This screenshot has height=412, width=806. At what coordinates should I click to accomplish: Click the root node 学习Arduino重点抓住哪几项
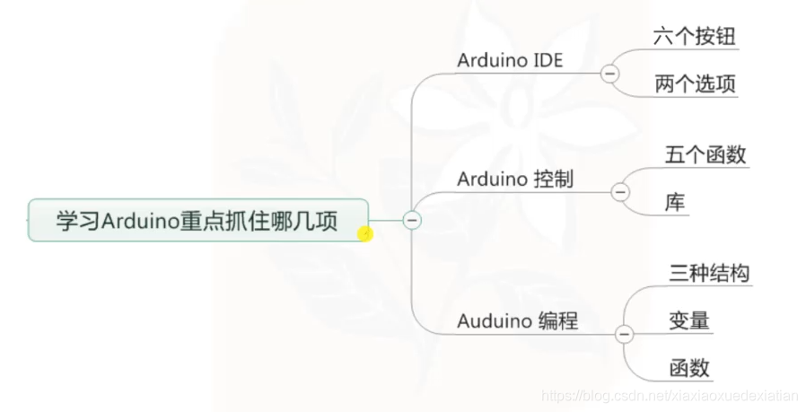click(197, 221)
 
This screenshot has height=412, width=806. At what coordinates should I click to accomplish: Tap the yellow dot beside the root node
click(364, 234)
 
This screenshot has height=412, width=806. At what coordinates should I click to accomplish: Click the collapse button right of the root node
click(412, 219)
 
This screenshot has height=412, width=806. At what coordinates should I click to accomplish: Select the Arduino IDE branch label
click(510, 60)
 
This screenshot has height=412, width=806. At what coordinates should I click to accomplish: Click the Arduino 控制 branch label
click(514, 179)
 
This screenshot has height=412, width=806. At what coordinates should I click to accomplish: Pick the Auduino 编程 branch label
click(517, 320)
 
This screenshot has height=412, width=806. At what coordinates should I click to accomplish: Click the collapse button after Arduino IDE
click(610, 74)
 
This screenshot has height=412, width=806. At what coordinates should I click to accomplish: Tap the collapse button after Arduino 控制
click(620, 191)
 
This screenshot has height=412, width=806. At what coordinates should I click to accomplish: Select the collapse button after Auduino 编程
click(624, 335)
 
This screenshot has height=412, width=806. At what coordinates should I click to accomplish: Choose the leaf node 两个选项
click(696, 84)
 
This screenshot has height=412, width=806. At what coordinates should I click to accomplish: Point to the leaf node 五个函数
click(705, 154)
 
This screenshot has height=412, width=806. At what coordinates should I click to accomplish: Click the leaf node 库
click(675, 203)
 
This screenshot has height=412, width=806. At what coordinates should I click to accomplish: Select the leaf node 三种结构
click(709, 273)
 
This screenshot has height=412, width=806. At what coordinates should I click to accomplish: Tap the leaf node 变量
click(689, 320)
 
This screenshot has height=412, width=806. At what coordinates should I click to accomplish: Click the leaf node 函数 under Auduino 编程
click(689, 368)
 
